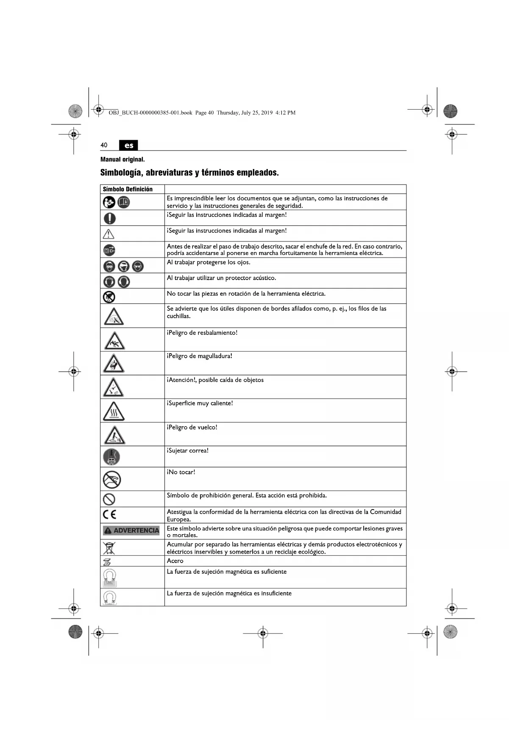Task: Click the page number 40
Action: tap(104, 145)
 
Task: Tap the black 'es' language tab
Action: tap(129, 145)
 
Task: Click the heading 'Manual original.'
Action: tap(122, 160)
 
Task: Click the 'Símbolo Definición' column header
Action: tap(128, 189)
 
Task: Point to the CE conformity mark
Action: tap(109, 515)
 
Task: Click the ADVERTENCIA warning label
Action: tap(131, 530)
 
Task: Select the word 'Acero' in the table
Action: tap(175, 561)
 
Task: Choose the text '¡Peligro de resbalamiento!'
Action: tap(202, 333)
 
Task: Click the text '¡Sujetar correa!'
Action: tap(188, 451)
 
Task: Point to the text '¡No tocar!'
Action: tap(181, 472)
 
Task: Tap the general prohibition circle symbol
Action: tap(109, 499)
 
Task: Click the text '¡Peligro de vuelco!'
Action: tap(192, 427)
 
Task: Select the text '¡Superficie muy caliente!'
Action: tap(200, 403)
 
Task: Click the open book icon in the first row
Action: tap(123, 202)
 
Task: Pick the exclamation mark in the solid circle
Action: tap(109, 218)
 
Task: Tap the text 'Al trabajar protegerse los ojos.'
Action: tap(209, 263)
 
